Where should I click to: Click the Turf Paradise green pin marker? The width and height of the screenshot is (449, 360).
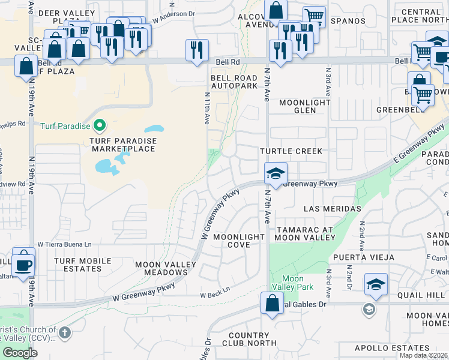pos(100,126)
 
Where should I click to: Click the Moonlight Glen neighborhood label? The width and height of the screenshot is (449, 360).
pos(305,106)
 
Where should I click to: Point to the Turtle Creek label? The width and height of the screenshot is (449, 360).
pos(291,151)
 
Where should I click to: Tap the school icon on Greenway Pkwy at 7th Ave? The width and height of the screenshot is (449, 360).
pos(276,173)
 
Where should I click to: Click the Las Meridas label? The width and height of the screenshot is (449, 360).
pos(333,209)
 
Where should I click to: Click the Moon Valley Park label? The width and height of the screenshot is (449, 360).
pos(292,283)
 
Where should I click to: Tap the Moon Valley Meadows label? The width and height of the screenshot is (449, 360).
pos(161,268)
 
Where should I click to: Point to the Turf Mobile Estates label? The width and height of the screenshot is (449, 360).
pos(83,265)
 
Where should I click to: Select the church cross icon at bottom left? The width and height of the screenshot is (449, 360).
pos(65,332)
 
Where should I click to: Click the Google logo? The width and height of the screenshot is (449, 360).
pos(20,352)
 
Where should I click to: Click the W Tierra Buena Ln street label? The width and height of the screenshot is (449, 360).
pos(65,244)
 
